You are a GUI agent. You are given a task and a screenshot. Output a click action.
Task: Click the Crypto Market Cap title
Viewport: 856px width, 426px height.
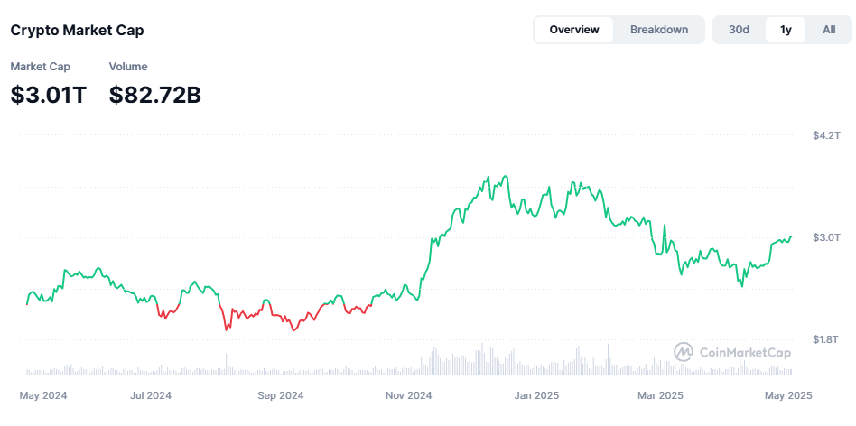tap(77, 30)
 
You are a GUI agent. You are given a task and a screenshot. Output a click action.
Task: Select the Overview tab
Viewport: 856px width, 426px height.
tap(574, 30)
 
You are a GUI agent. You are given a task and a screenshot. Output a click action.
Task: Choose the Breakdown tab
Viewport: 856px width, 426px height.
tap(659, 30)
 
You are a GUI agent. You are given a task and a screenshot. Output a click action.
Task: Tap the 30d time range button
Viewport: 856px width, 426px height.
tap(740, 30)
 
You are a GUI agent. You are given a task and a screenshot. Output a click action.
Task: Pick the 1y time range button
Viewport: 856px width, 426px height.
tap(786, 30)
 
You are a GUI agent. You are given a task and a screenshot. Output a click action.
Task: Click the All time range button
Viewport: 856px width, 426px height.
tap(829, 30)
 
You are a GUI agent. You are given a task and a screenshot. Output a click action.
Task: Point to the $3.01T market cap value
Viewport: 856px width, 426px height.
tap(49, 94)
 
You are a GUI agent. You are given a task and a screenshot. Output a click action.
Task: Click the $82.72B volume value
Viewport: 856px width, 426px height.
tap(154, 94)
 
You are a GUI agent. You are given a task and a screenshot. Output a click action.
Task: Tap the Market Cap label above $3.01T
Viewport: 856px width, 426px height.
tap(40, 67)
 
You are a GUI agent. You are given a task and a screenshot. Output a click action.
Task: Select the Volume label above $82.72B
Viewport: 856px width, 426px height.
tap(128, 67)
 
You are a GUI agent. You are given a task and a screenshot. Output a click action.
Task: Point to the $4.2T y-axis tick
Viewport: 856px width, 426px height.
tap(826, 135)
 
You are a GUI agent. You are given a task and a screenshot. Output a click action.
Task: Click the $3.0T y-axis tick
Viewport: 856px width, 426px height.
tap(826, 237)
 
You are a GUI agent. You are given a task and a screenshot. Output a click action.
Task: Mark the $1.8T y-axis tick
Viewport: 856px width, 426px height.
tap(826, 339)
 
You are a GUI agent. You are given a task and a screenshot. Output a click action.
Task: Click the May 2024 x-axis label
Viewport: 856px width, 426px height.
tap(43, 395)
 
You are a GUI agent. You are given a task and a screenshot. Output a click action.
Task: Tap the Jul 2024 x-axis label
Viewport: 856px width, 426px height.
tap(151, 395)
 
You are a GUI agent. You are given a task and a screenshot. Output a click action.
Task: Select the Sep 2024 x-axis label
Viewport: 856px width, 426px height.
tap(281, 395)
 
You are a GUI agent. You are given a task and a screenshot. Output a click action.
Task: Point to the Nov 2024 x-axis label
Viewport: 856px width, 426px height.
tap(408, 395)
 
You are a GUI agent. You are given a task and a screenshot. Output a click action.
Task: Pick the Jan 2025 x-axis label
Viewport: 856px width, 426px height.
tap(537, 395)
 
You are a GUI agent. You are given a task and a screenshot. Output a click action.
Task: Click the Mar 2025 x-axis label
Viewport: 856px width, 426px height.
tap(660, 395)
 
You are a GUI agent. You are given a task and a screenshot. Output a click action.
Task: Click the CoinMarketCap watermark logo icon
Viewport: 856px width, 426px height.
tap(684, 352)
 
